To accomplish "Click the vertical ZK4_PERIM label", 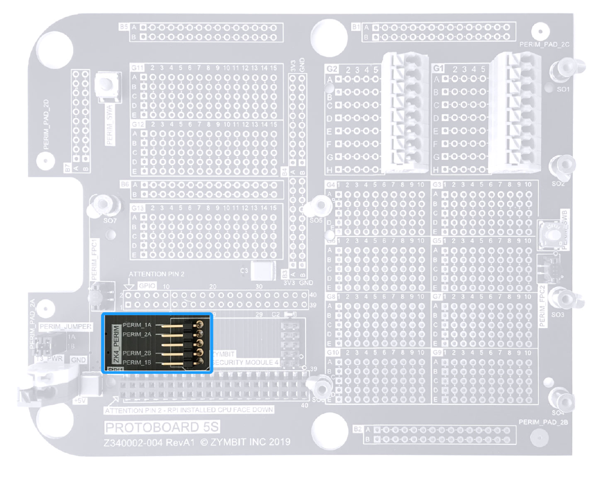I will coord(116,345).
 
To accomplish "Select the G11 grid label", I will coord(137,67).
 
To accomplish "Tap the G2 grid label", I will coord(332,69).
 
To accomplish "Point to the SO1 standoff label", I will coord(563,89).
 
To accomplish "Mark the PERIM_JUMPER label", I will coord(65,327).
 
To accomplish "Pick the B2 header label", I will coord(357,430).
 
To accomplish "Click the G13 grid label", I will coord(137,207).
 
